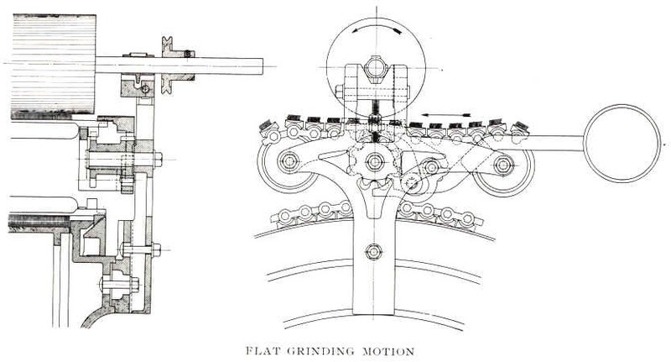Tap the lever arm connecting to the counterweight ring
(554, 143)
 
